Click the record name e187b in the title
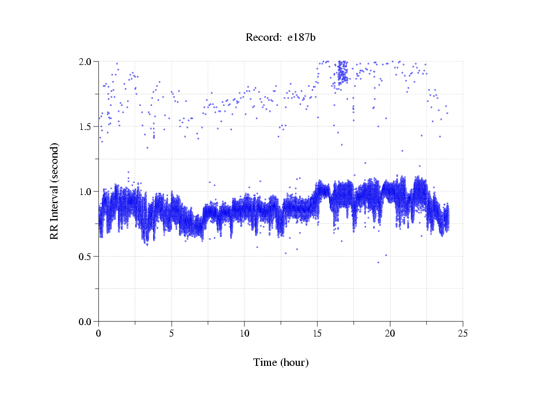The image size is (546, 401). pyautogui.click(x=302, y=38)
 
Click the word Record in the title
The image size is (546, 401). pyautogui.click(x=263, y=38)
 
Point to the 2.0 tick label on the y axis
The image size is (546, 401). pyautogui.click(x=86, y=62)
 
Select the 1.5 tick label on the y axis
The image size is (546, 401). pyautogui.click(x=86, y=127)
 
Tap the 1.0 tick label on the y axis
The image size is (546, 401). pyautogui.click(x=86, y=192)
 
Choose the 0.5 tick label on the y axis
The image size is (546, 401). pyautogui.click(x=86, y=257)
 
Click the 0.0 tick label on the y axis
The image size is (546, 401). pyautogui.click(x=86, y=322)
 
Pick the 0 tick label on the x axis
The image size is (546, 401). pyautogui.click(x=98, y=333)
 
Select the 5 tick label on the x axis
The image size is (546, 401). pyautogui.click(x=171, y=333)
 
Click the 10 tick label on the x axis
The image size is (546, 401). pyautogui.click(x=244, y=333)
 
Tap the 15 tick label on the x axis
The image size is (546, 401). pyautogui.click(x=317, y=333)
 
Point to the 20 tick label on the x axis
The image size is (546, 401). pyautogui.click(x=390, y=333)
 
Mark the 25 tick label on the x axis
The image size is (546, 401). pyautogui.click(x=463, y=333)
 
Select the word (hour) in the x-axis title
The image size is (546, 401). pyautogui.click(x=295, y=362)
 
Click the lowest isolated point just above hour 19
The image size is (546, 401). pyautogui.click(x=378, y=262)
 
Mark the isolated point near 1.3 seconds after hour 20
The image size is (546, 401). pyautogui.click(x=402, y=151)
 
